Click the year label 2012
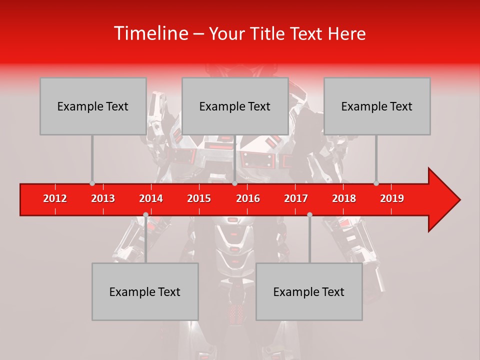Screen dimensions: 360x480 (x=55, y=198)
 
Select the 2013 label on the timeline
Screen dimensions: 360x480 (x=103, y=198)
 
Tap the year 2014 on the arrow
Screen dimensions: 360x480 (x=151, y=198)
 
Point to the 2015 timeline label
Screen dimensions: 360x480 (x=199, y=198)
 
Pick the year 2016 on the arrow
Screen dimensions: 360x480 (x=248, y=198)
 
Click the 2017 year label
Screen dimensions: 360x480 (x=296, y=198)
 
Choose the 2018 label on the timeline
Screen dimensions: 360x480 (x=344, y=198)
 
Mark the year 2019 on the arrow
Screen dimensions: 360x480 (x=392, y=198)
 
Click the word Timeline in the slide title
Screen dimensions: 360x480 (x=150, y=33)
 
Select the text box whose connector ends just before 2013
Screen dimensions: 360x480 (x=93, y=106)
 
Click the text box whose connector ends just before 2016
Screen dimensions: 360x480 (x=235, y=106)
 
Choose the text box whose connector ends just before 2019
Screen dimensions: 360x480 (x=377, y=106)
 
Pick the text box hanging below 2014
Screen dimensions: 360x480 (x=145, y=291)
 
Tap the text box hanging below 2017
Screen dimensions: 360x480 (x=309, y=291)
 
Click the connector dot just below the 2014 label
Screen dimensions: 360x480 (x=145, y=214)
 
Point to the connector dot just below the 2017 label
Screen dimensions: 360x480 (x=309, y=214)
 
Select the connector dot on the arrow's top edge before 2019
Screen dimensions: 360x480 (x=376, y=183)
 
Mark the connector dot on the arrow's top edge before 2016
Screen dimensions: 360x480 (x=234, y=183)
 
